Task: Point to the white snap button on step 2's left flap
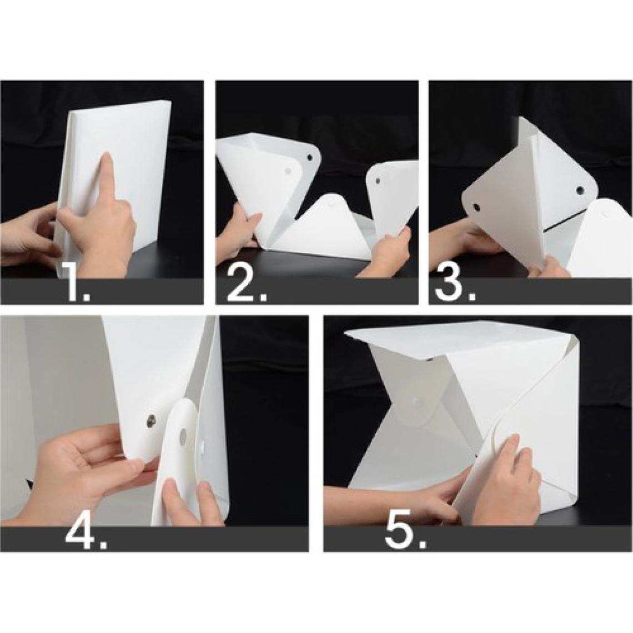[288, 171]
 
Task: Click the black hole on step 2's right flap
[378, 181]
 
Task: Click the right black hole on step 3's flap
[580, 189]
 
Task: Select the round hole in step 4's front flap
[183, 435]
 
